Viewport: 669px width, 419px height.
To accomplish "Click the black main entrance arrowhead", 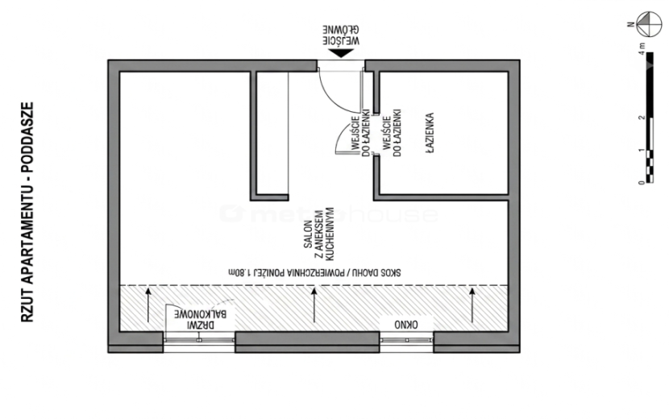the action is click(x=341, y=53).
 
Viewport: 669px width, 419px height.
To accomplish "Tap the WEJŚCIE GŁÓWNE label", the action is click(x=341, y=35).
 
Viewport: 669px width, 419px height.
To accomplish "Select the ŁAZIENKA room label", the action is click(x=430, y=133).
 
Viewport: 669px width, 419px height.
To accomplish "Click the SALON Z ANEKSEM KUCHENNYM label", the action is click(x=318, y=234).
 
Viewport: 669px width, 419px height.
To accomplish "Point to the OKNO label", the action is click(x=406, y=326).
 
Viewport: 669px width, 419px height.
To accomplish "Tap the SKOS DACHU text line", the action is click(x=314, y=272).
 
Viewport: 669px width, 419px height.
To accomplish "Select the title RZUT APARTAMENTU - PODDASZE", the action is click(x=27, y=212).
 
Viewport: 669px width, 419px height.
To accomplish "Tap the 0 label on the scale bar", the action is click(x=642, y=183).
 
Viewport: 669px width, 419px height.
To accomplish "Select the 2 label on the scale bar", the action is click(x=642, y=118).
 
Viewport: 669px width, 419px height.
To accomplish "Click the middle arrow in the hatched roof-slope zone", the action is click(x=314, y=305).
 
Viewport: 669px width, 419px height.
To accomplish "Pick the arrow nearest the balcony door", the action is click(x=148, y=305).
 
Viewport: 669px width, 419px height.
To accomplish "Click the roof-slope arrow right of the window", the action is click(x=472, y=305).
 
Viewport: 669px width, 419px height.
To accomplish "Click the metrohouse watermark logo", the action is click(x=330, y=214).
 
